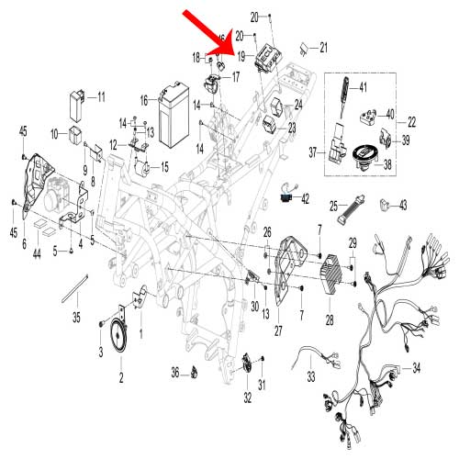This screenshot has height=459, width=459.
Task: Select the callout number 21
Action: pyautogui.click(x=322, y=47)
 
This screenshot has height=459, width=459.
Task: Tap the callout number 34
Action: pyautogui.click(x=416, y=368)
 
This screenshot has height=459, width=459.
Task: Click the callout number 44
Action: pyautogui.click(x=37, y=252)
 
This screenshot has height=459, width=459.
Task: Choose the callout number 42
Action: pyautogui.click(x=305, y=197)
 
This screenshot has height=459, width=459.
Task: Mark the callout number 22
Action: pyautogui.click(x=411, y=121)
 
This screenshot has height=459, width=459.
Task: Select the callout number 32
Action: pyautogui.click(x=248, y=398)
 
